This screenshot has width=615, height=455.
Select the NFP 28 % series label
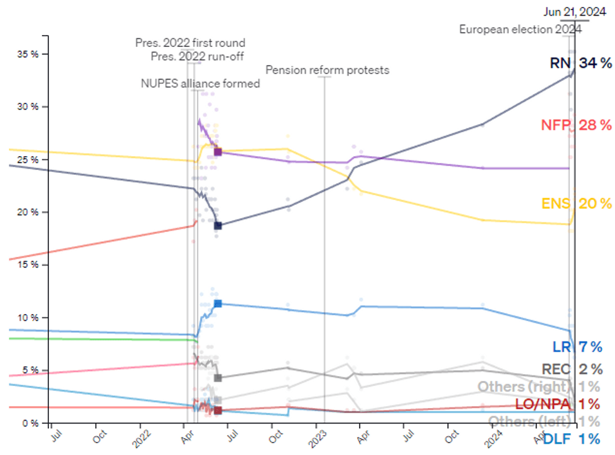[575, 125]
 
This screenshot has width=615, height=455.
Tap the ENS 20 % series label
[576, 203]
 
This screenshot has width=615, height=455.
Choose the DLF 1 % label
[571, 439]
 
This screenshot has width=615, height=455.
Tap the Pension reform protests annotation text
[328, 70]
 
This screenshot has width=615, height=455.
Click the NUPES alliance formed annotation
[200, 83]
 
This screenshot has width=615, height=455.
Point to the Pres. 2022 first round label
[190, 43]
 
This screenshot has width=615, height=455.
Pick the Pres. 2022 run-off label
[198, 56]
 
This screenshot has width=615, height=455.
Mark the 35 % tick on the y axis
[28, 54]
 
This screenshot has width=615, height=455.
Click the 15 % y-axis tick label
[28, 264]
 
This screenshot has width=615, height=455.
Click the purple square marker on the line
[218, 152]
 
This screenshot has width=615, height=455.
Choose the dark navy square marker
[218, 226]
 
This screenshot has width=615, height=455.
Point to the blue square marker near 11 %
[218, 303]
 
